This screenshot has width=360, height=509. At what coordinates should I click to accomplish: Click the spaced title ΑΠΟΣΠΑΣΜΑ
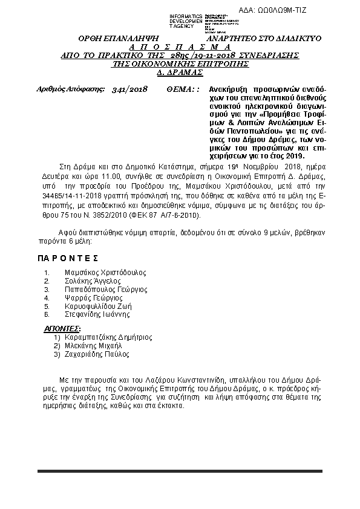pyautogui.click(x=180, y=47)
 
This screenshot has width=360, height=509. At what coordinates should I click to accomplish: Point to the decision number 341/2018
pyautogui.click(x=129, y=89)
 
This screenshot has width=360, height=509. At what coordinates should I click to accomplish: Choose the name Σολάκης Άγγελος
pyautogui.click(x=93, y=281)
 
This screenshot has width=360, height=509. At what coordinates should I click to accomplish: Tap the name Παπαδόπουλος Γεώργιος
pyautogui.click(x=106, y=290)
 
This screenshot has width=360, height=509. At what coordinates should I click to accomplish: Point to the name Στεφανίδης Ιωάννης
pyautogui.click(x=97, y=314)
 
